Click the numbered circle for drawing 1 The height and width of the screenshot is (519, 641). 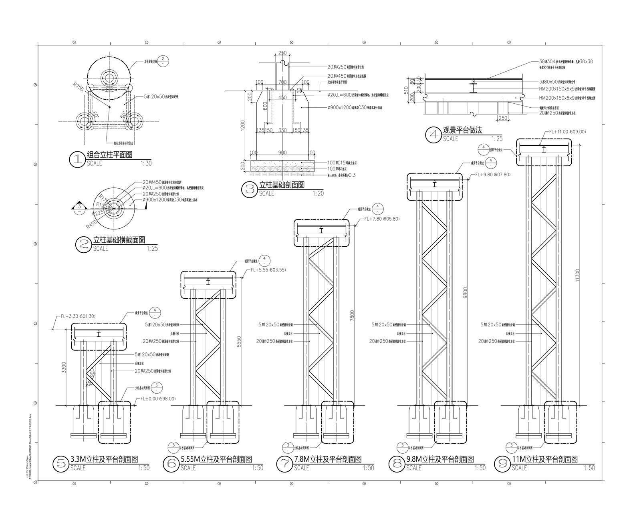pyautogui.click(x=77, y=159)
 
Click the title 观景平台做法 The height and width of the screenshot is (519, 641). pyautogui.click(x=462, y=131)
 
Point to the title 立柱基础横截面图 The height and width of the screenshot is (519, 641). pyautogui.click(x=119, y=240)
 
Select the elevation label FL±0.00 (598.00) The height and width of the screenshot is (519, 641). pyautogui.click(x=157, y=399)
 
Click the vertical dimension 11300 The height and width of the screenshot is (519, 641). pyautogui.click(x=577, y=275)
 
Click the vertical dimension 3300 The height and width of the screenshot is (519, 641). pyautogui.click(x=65, y=367)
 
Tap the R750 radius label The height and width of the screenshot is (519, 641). pyautogui.click(x=78, y=87)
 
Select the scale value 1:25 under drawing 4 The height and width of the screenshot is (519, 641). pyautogui.click(x=497, y=139)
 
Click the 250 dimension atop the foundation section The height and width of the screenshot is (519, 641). pyautogui.click(x=282, y=53)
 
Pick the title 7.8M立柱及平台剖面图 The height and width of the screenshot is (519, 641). pyautogui.click(x=328, y=459)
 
